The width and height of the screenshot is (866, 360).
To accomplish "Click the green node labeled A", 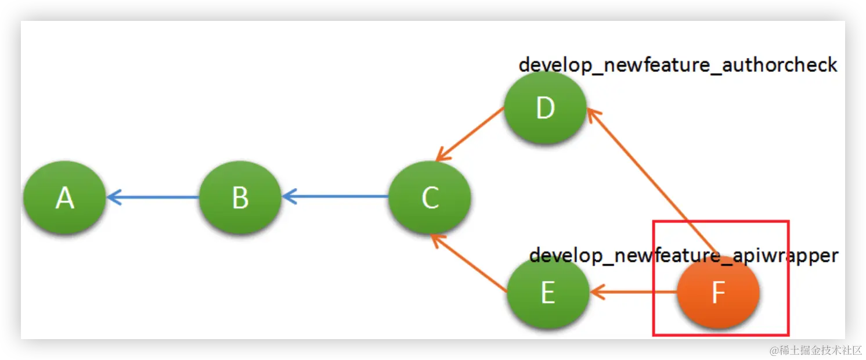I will tap(64, 197).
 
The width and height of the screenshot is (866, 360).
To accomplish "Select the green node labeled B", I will tap(240, 197).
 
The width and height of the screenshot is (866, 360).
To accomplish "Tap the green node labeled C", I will tap(430, 197).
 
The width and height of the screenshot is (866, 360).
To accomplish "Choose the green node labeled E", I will tap(548, 293).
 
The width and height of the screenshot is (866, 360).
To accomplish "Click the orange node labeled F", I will tap(718, 293).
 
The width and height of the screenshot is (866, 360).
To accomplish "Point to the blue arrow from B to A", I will tap(154, 197).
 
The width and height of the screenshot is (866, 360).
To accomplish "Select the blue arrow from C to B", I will tap(335, 197).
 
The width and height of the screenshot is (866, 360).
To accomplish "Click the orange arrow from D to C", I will tap(470, 134).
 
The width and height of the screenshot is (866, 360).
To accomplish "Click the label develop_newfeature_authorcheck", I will tap(677, 64).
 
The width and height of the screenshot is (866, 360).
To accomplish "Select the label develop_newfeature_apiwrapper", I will tap(684, 255).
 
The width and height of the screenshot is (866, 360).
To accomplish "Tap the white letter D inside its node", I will tap(545, 108).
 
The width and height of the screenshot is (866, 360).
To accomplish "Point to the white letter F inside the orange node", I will tap(718, 294).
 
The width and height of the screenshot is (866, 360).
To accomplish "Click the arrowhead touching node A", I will tap(113, 197).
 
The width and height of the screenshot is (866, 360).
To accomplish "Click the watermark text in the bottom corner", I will tap(814, 349).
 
